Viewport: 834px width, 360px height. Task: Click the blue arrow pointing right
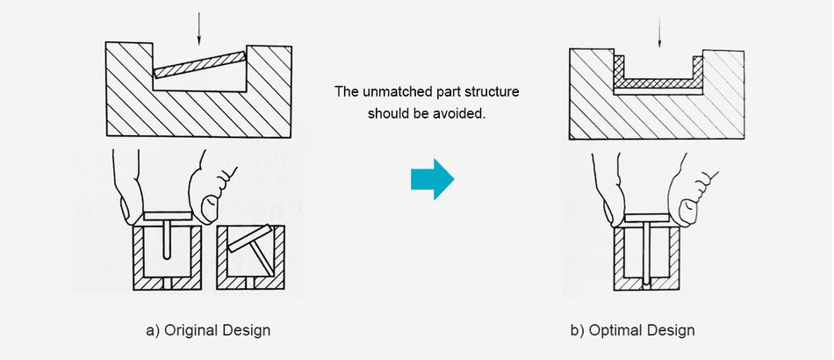point(433,178)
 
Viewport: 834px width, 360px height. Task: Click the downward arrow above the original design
point(199,27)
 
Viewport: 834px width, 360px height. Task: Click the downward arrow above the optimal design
point(659,32)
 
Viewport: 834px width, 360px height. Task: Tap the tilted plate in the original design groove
point(200,65)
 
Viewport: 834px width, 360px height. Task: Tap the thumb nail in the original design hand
point(210,206)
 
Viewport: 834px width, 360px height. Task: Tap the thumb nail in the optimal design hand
point(690,208)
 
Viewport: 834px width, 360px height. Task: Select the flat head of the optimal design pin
point(646,218)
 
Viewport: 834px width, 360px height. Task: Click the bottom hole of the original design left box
point(167,284)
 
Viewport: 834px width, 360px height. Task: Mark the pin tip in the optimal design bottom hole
point(646,284)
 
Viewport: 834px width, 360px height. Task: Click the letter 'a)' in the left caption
point(153,331)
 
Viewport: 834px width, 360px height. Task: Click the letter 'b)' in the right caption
point(577,331)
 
